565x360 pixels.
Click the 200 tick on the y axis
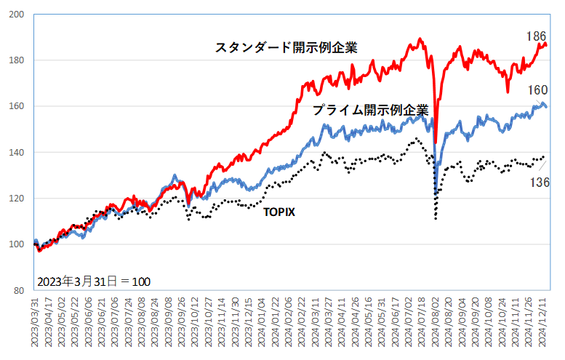pyautogui.click(x=17, y=15)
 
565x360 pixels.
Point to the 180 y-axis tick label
pyautogui.click(x=17, y=60)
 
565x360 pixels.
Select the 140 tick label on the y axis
pyautogui.click(x=17, y=153)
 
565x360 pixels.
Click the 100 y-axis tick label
pyautogui.click(x=17, y=244)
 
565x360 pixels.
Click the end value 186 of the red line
pyautogui.click(x=536, y=35)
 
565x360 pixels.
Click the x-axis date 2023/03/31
pyautogui.click(x=35, y=324)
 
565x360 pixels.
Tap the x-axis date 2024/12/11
pyautogui.click(x=542, y=324)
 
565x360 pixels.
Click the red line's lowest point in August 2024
pyautogui.click(x=436, y=143)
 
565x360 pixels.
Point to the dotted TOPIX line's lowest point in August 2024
pyautogui.click(x=436, y=218)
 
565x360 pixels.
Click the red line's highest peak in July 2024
pyautogui.click(x=420, y=39)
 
